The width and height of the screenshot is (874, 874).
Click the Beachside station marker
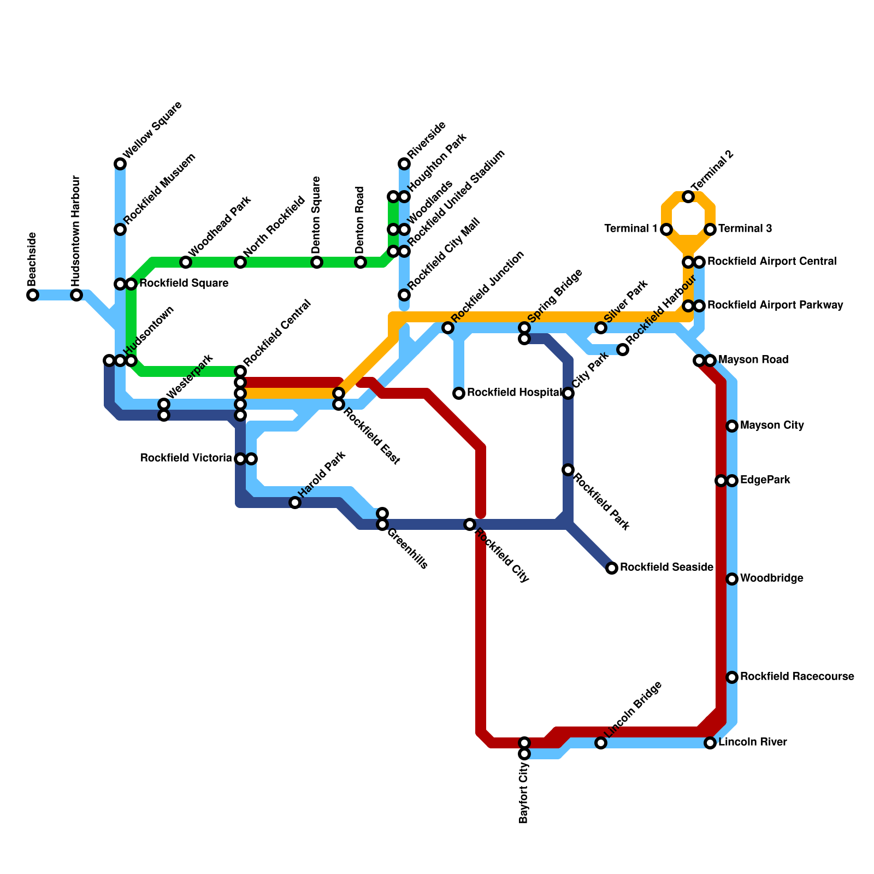(33, 295)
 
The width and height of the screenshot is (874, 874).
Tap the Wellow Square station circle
(120, 164)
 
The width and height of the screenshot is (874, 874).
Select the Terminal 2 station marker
(688, 197)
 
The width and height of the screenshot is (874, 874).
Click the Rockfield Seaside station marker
(612, 568)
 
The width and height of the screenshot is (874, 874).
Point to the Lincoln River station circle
(710, 743)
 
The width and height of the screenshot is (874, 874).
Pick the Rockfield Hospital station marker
(459, 393)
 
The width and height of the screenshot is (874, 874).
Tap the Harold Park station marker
(295, 503)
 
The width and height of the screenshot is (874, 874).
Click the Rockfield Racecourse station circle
(732, 677)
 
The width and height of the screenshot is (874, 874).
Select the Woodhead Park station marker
(186, 262)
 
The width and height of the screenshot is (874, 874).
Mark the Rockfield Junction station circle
(448, 328)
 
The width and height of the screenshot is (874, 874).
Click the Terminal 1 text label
(630, 229)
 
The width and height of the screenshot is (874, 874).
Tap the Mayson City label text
(772, 426)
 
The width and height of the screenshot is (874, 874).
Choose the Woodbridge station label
(771, 578)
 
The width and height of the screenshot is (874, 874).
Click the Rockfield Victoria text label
(186, 458)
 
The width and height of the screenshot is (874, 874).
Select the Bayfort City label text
(524, 794)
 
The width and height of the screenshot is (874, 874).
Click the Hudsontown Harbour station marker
(76, 295)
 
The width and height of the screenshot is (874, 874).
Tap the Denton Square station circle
(317, 262)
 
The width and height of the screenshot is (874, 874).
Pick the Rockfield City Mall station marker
(404, 295)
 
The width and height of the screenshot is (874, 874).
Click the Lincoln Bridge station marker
(601, 743)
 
